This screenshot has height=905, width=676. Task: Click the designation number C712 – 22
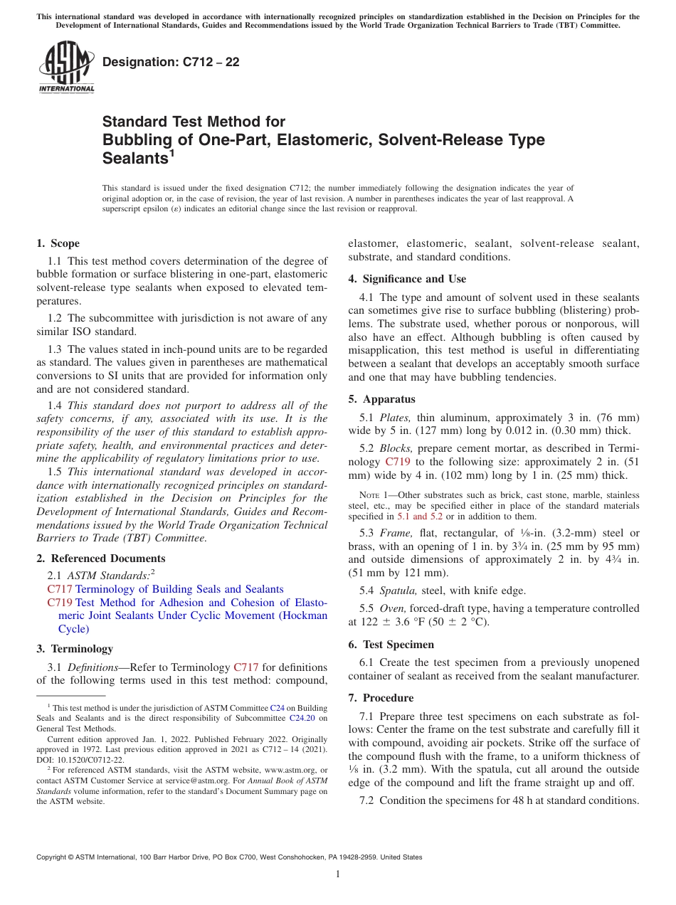171,62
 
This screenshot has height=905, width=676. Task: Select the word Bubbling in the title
135,139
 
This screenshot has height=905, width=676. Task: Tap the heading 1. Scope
58,243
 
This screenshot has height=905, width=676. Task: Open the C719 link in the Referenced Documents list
60,603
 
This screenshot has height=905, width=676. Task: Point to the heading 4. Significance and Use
407,279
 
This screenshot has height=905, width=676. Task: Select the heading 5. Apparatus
381,399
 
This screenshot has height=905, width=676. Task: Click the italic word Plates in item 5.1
395,418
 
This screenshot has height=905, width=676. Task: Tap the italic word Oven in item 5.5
391,608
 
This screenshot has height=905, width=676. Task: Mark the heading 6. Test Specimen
391,644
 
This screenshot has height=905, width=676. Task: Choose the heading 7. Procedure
381,698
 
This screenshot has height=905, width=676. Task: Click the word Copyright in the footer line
53,857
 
